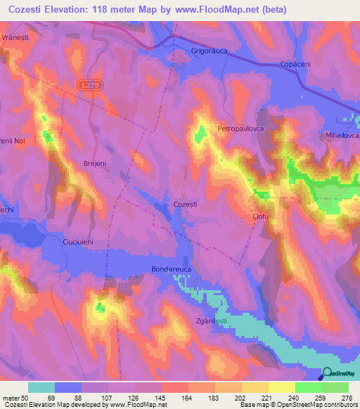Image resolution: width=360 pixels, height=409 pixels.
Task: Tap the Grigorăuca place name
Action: tap(211, 51)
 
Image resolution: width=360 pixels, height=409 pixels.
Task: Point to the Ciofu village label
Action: tap(261, 216)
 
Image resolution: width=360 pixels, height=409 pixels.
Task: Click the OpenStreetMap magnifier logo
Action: tap(328, 375)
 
